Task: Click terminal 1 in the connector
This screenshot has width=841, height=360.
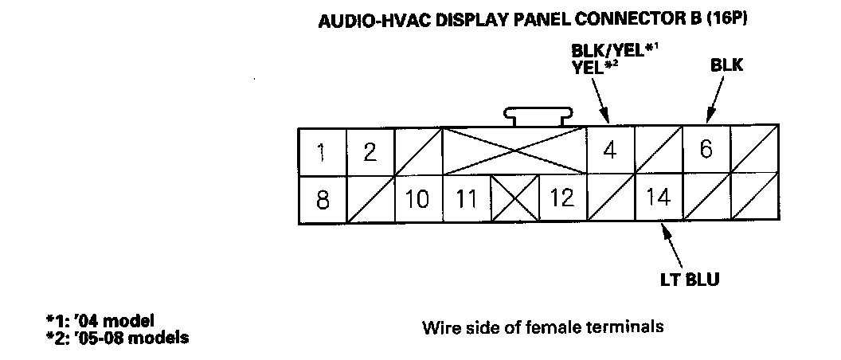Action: point(322,151)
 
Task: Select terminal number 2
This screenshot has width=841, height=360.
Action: point(370,151)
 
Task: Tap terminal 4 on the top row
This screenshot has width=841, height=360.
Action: point(610,151)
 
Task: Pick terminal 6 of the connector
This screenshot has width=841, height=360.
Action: point(706,150)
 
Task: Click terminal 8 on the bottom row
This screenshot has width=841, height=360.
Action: point(322,199)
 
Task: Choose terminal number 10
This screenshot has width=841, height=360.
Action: point(417,199)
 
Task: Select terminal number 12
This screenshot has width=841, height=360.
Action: point(562,198)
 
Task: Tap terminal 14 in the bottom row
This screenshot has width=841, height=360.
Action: point(659,196)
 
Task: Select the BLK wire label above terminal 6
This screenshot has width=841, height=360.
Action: point(726,66)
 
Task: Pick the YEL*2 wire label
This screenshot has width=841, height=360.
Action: point(595,68)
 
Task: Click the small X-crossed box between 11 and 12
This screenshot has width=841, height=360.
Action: point(514,199)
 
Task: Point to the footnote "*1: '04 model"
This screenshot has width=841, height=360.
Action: point(100,321)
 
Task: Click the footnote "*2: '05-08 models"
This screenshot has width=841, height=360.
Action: point(118,337)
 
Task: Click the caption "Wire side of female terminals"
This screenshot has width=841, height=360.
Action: point(542,327)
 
